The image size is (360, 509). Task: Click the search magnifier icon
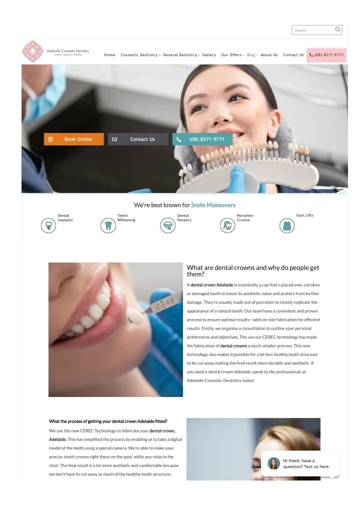click(x=337, y=29)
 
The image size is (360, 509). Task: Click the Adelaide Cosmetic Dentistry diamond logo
click(x=32, y=51)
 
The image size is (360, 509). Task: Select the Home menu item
click(x=109, y=55)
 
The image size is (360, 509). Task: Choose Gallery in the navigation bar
click(x=209, y=55)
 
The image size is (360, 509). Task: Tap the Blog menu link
click(x=252, y=55)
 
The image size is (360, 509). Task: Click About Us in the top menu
click(x=269, y=55)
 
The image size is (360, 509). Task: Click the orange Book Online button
click(x=74, y=139)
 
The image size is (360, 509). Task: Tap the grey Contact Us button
click(x=138, y=139)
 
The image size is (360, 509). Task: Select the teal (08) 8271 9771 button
click(x=202, y=139)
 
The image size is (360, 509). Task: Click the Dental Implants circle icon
click(x=48, y=225)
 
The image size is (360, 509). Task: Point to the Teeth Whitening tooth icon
click(x=108, y=225)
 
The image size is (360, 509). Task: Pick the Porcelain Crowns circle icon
click(x=227, y=225)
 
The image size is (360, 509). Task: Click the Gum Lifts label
click(x=305, y=215)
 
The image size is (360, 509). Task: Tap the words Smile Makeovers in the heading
click(x=213, y=205)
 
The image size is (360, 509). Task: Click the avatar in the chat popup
click(x=273, y=463)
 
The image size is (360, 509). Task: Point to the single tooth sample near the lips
click(x=134, y=316)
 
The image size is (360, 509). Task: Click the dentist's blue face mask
click(x=45, y=94)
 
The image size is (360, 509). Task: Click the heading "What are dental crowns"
click(x=253, y=270)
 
